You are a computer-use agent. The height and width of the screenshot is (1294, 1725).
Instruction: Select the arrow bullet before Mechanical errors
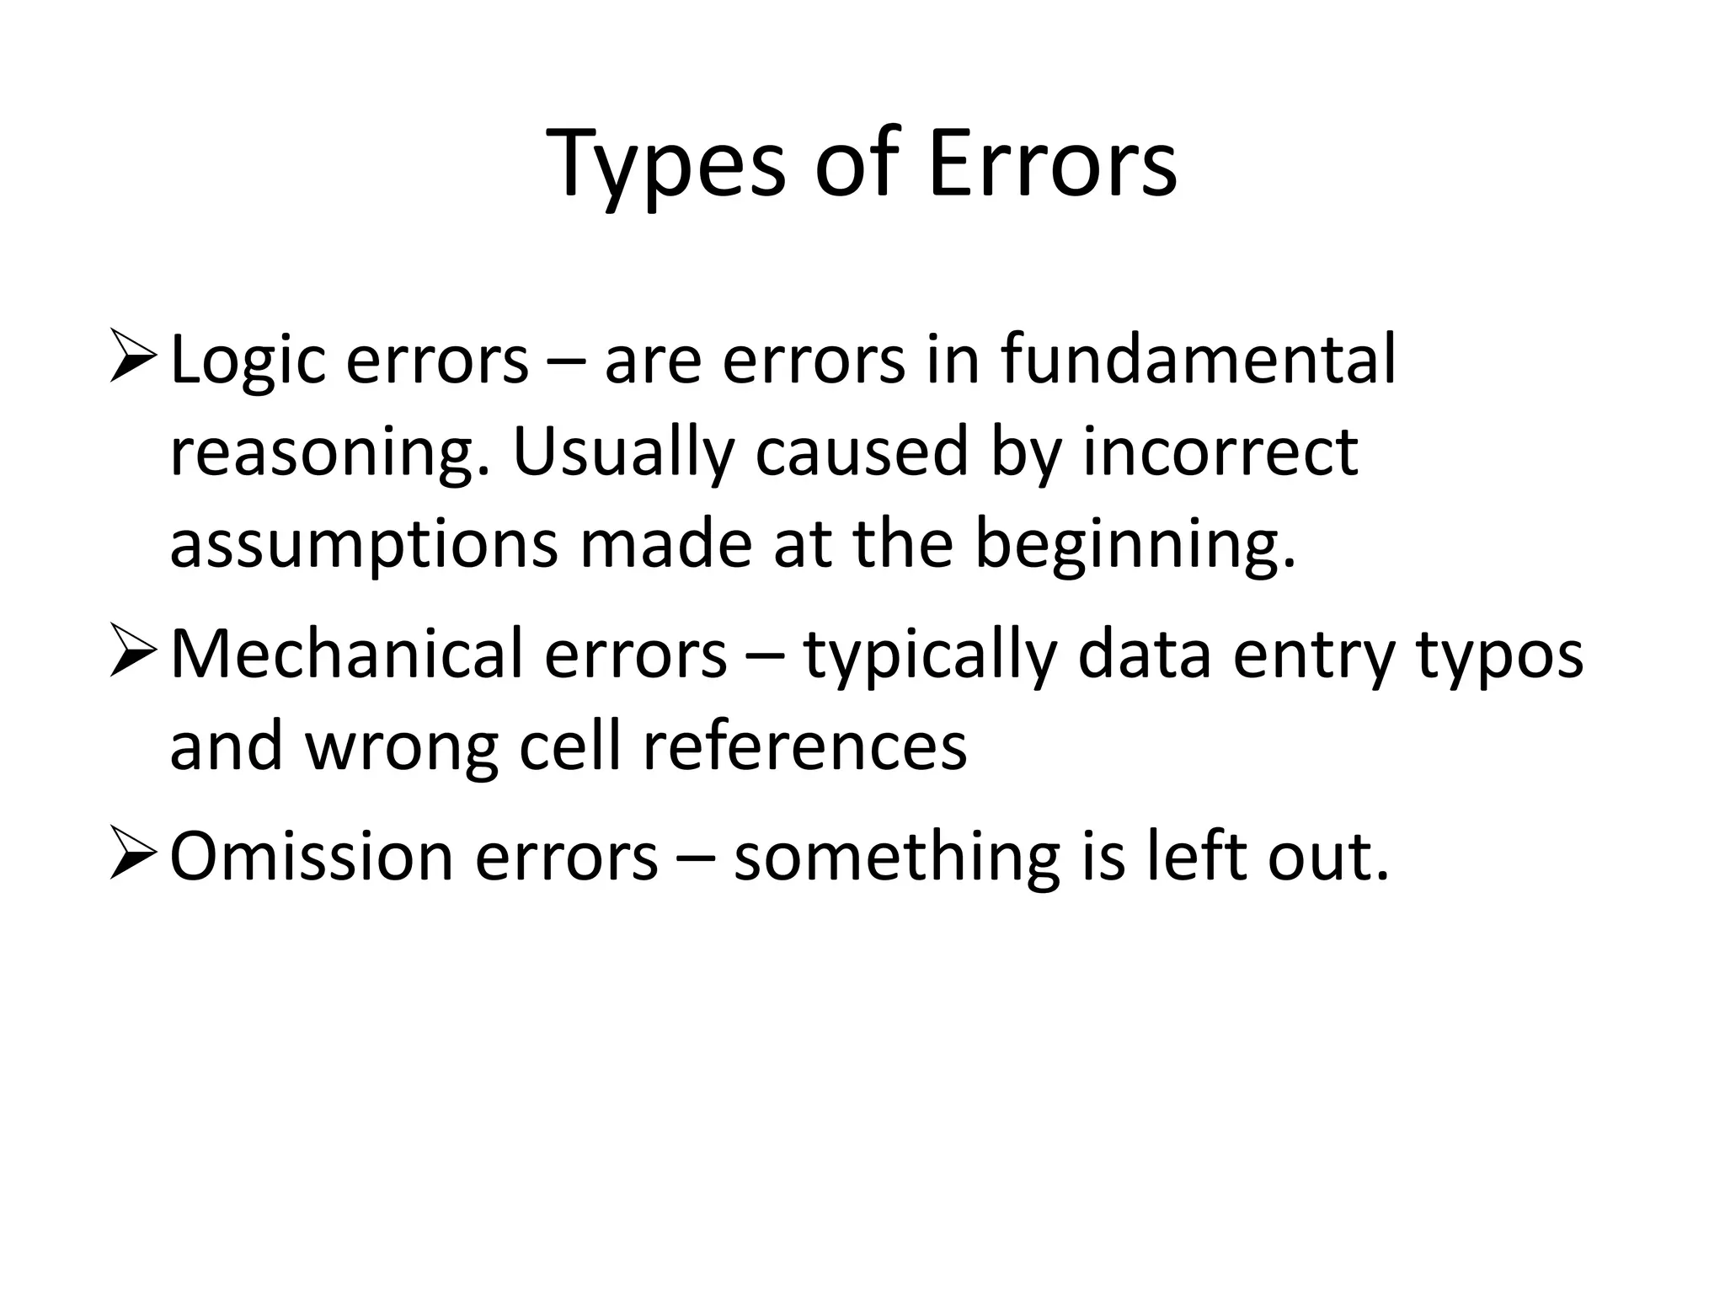[132, 655]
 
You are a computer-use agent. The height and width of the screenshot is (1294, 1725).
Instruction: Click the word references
[804, 746]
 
